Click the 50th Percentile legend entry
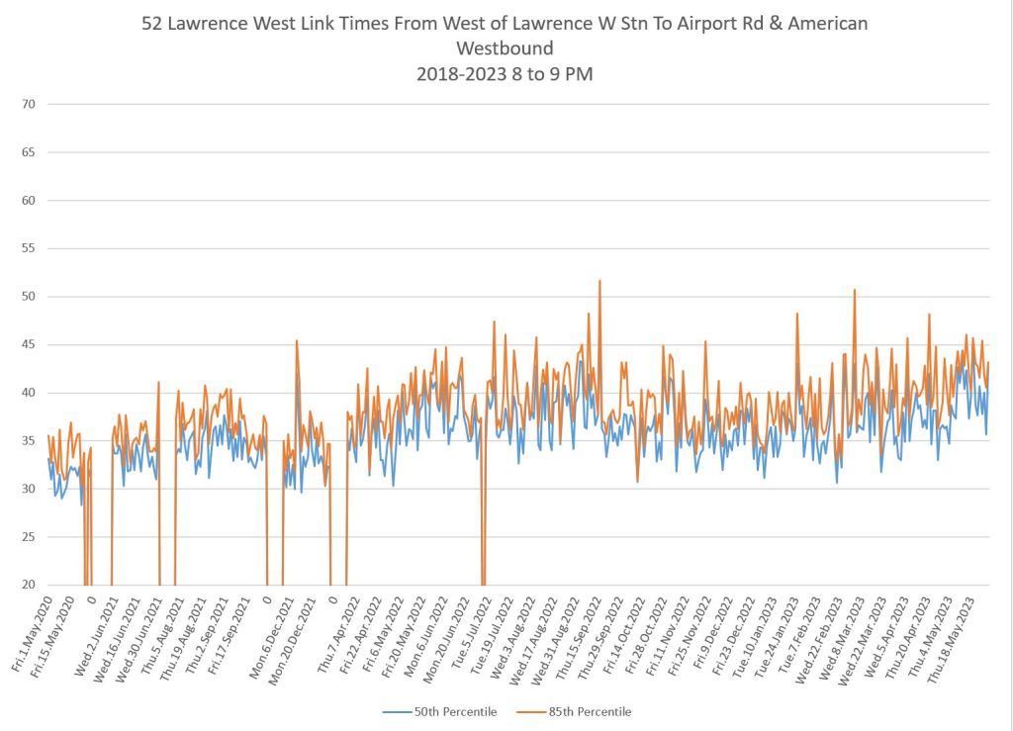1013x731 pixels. tap(449, 711)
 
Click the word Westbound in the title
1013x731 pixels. tap(505, 47)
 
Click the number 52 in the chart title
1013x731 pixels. tap(153, 23)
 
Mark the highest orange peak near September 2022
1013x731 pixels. tap(599, 281)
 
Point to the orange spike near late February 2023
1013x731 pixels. tap(854, 290)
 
